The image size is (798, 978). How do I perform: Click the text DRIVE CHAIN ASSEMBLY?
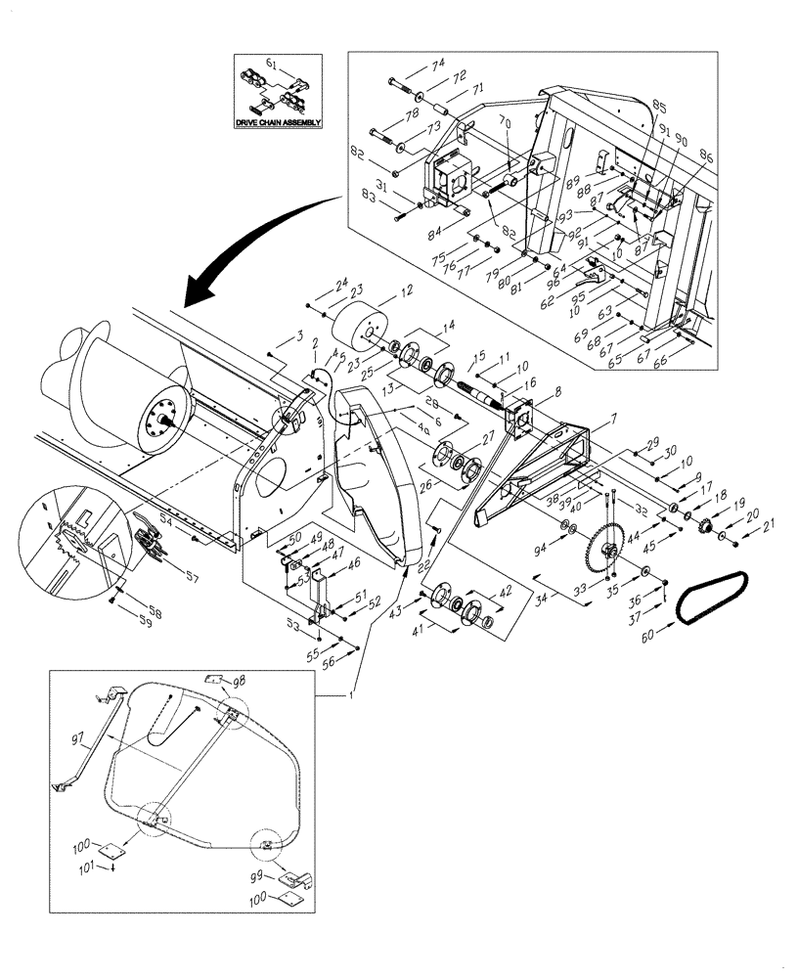pos(275,125)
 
